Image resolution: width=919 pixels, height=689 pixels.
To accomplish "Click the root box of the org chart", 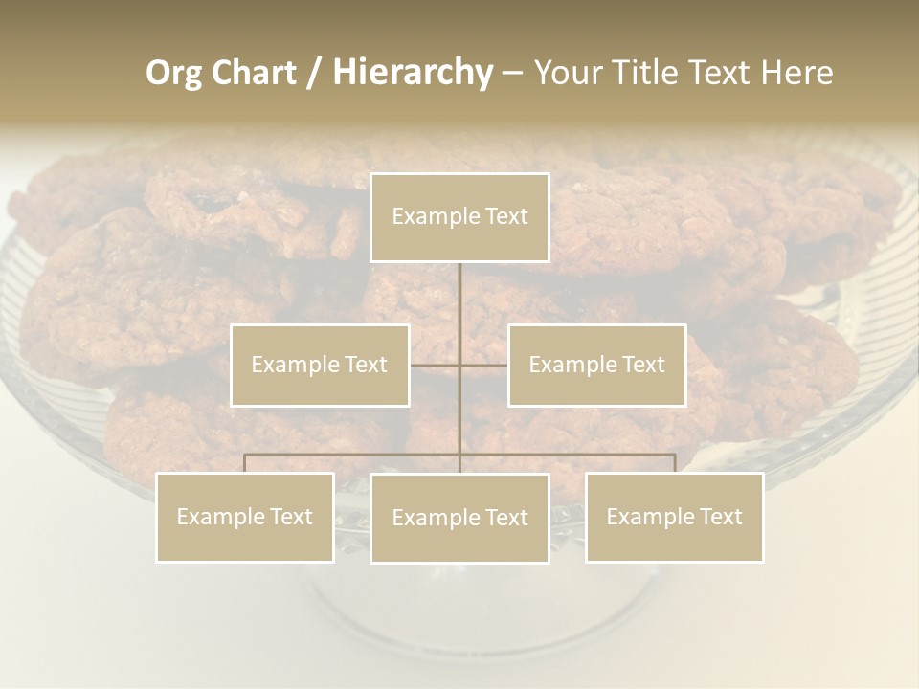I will pos(459,217).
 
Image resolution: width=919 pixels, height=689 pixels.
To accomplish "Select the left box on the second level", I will pos(320,365).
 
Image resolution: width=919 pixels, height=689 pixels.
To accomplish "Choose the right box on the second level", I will pos(596,365).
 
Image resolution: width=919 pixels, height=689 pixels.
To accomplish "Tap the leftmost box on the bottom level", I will pos(245,517).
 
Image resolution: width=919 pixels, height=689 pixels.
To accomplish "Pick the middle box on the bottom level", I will pos(459,518).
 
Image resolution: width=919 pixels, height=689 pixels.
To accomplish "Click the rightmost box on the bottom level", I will pos(674,517).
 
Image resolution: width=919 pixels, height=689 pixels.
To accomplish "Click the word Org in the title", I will pos(173,73).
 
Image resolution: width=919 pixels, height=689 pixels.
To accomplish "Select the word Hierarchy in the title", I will pos(412,73).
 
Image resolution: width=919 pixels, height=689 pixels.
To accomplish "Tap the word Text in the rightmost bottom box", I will pos(720,517).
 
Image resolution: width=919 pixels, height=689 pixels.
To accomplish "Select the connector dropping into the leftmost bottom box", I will pos(245,463).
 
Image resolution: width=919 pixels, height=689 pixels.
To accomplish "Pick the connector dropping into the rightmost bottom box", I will pos(674,463).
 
